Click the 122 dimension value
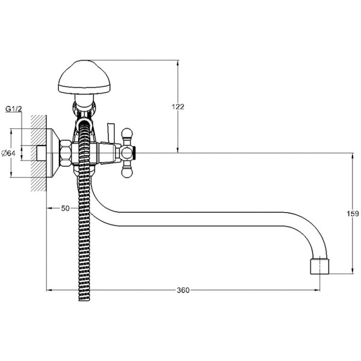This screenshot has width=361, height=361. pyautogui.click(x=178, y=107)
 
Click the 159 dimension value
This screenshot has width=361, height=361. pyautogui.click(x=353, y=214)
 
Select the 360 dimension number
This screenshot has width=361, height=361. pyautogui.click(x=183, y=290)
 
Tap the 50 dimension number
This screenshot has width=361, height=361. pyautogui.click(x=65, y=208)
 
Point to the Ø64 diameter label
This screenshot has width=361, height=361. pyautogui.click(x=8, y=153)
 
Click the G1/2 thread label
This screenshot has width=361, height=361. pyautogui.click(x=14, y=109)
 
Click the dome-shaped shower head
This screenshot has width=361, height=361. pyautogui.click(x=84, y=78)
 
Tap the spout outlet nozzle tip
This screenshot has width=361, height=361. pyautogui.click(x=319, y=267)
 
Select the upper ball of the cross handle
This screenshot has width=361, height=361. pyautogui.click(x=127, y=134)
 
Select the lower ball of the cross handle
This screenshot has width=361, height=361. pyautogui.click(x=127, y=173)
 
